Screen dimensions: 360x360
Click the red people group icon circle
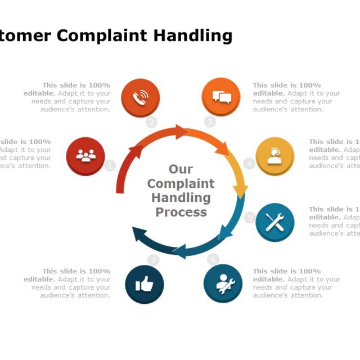(85, 156)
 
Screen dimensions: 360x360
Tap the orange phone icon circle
(140, 97)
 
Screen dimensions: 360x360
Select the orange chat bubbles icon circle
(221, 97)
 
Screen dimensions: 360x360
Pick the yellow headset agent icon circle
(274, 156)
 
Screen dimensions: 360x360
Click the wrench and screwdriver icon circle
(274, 222)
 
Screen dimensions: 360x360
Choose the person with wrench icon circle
(223, 283)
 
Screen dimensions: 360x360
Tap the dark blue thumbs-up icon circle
(145, 285)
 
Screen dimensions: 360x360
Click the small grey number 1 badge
(110, 165)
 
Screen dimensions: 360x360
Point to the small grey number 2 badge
(151, 122)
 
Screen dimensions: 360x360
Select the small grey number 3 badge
(210, 121)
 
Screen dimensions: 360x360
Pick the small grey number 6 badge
(213, 259)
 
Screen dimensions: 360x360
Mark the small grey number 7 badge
(153, 260)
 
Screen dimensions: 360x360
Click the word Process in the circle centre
(181, 212)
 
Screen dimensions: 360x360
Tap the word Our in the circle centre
(181, 169)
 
